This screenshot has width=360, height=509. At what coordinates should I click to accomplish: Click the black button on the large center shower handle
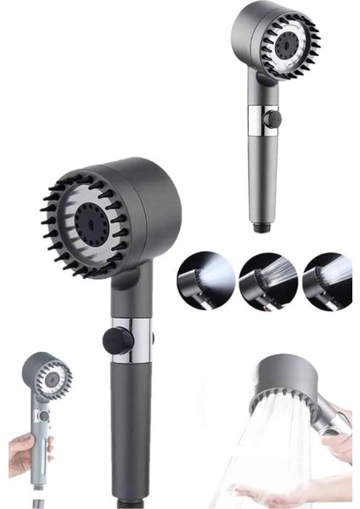116,340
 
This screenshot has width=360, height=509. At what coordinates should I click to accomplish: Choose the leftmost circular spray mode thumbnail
200,281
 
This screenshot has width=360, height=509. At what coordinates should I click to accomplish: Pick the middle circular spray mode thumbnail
262,280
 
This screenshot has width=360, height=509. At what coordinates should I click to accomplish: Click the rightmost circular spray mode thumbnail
327,279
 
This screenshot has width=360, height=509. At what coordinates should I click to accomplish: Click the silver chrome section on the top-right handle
259,119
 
